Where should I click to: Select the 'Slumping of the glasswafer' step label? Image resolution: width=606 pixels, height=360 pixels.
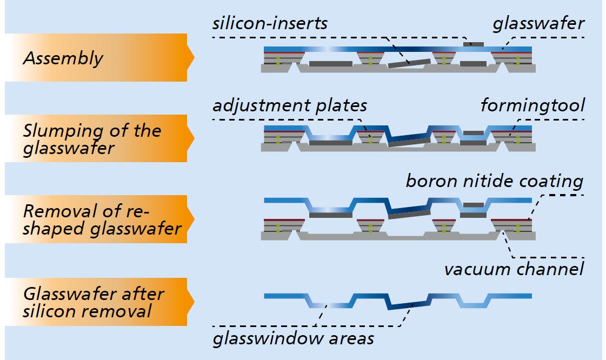92,139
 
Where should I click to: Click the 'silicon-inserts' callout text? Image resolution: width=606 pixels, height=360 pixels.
270,24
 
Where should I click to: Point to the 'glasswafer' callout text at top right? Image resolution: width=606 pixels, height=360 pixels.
538,24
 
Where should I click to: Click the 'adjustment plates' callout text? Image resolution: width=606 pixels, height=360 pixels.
290,105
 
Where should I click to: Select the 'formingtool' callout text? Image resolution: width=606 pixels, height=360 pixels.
532,105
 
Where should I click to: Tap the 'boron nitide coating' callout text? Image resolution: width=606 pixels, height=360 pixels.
494,181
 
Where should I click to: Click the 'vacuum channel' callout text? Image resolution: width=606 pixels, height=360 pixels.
514,269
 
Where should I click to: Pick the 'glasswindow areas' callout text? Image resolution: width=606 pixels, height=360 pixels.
293,339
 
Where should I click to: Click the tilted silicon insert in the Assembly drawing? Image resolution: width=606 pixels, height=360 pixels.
409,64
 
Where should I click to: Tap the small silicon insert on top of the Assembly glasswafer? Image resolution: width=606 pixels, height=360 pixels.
474,43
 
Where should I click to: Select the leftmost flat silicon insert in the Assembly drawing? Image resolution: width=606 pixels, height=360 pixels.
331,64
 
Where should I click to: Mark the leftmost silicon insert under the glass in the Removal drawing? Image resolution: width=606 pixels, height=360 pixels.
331,215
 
